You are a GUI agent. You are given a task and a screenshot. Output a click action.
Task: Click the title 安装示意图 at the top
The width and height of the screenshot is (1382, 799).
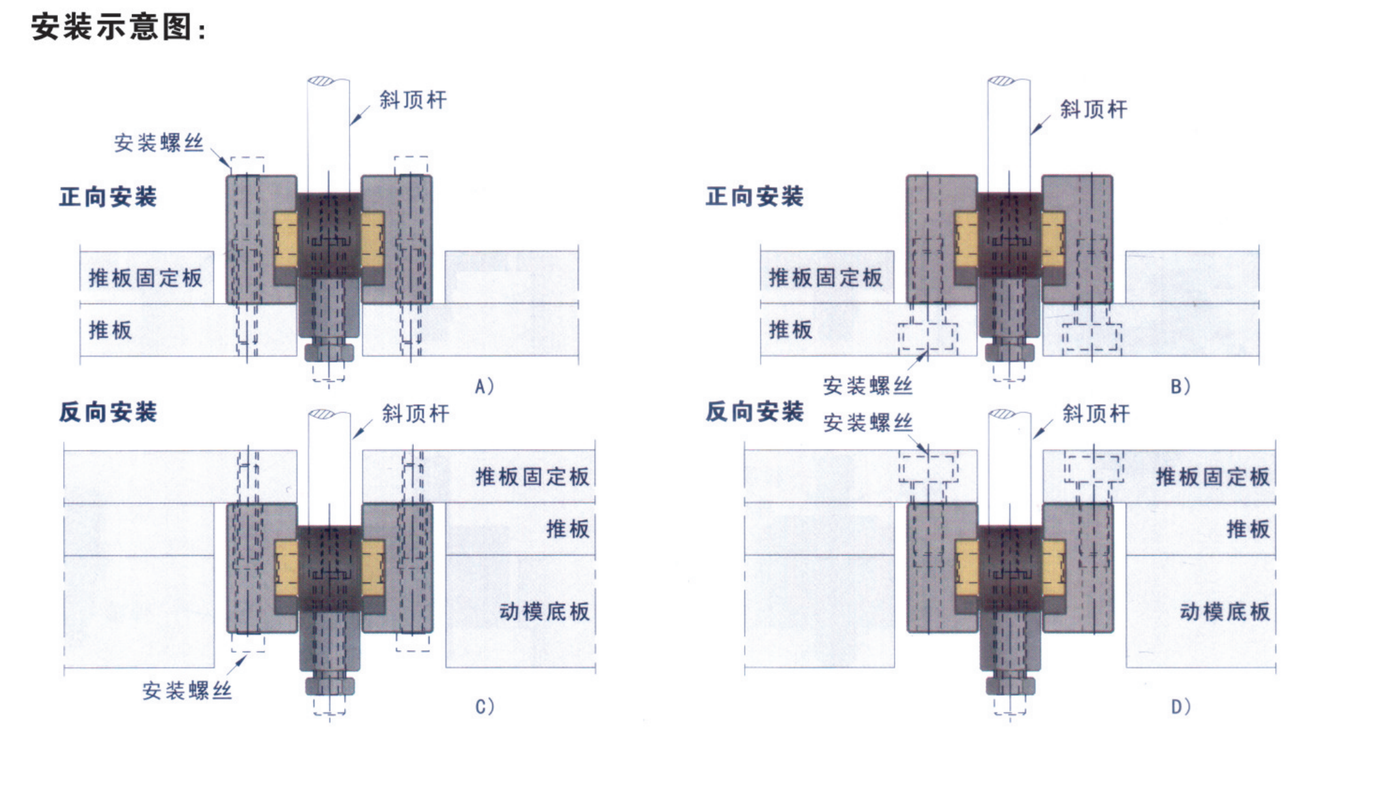pos(118,28)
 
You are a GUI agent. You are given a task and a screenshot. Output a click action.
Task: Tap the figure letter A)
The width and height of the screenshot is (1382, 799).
pos(484,386)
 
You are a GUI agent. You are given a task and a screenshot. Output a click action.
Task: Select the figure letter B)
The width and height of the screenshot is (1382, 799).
pos(1180,386)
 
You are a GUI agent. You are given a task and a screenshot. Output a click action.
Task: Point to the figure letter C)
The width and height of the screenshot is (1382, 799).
pos(485,707)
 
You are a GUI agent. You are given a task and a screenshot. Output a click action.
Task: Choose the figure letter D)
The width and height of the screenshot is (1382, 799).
pos(1181,707)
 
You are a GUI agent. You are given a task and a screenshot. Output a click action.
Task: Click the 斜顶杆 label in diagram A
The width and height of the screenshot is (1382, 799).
pos(413,100)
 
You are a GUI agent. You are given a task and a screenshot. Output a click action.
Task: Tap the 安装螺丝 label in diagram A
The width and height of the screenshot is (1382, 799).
pos(159,143)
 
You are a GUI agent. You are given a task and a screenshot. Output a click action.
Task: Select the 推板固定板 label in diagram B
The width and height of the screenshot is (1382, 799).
pos(826,278)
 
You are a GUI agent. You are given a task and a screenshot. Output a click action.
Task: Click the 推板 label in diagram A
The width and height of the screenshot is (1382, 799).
pos(111,330)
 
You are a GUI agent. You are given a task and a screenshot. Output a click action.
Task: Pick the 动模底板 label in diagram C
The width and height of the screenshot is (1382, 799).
pos(545,612)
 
